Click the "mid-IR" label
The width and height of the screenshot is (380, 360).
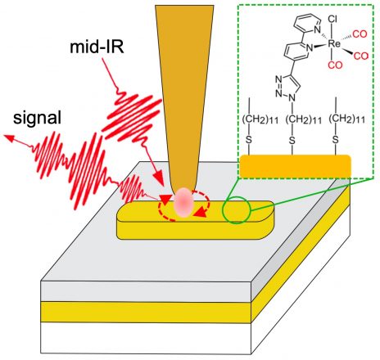point(97,47)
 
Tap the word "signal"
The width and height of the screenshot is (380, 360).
point(38,119)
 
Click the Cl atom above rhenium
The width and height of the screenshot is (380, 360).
point(332,19)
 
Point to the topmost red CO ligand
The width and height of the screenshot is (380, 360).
point(360,34)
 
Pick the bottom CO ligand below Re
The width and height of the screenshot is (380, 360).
point(335,65)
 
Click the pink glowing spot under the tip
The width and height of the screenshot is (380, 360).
point(184,202)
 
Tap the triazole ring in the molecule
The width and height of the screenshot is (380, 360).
point(287,87)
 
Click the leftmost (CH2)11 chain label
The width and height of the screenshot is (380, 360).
point(260,119)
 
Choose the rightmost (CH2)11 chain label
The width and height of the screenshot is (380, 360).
point(346,119)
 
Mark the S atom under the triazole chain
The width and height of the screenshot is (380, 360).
point(292,141)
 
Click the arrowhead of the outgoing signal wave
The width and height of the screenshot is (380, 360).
point(8,138)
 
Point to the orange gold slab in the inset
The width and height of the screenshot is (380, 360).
point(296,166)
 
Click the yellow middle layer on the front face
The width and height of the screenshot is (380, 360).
point(146,312)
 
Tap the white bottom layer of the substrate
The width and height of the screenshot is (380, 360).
point(146,338)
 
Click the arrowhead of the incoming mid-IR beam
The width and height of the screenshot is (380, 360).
point(160,181)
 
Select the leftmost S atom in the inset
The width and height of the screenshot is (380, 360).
point(248,141)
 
